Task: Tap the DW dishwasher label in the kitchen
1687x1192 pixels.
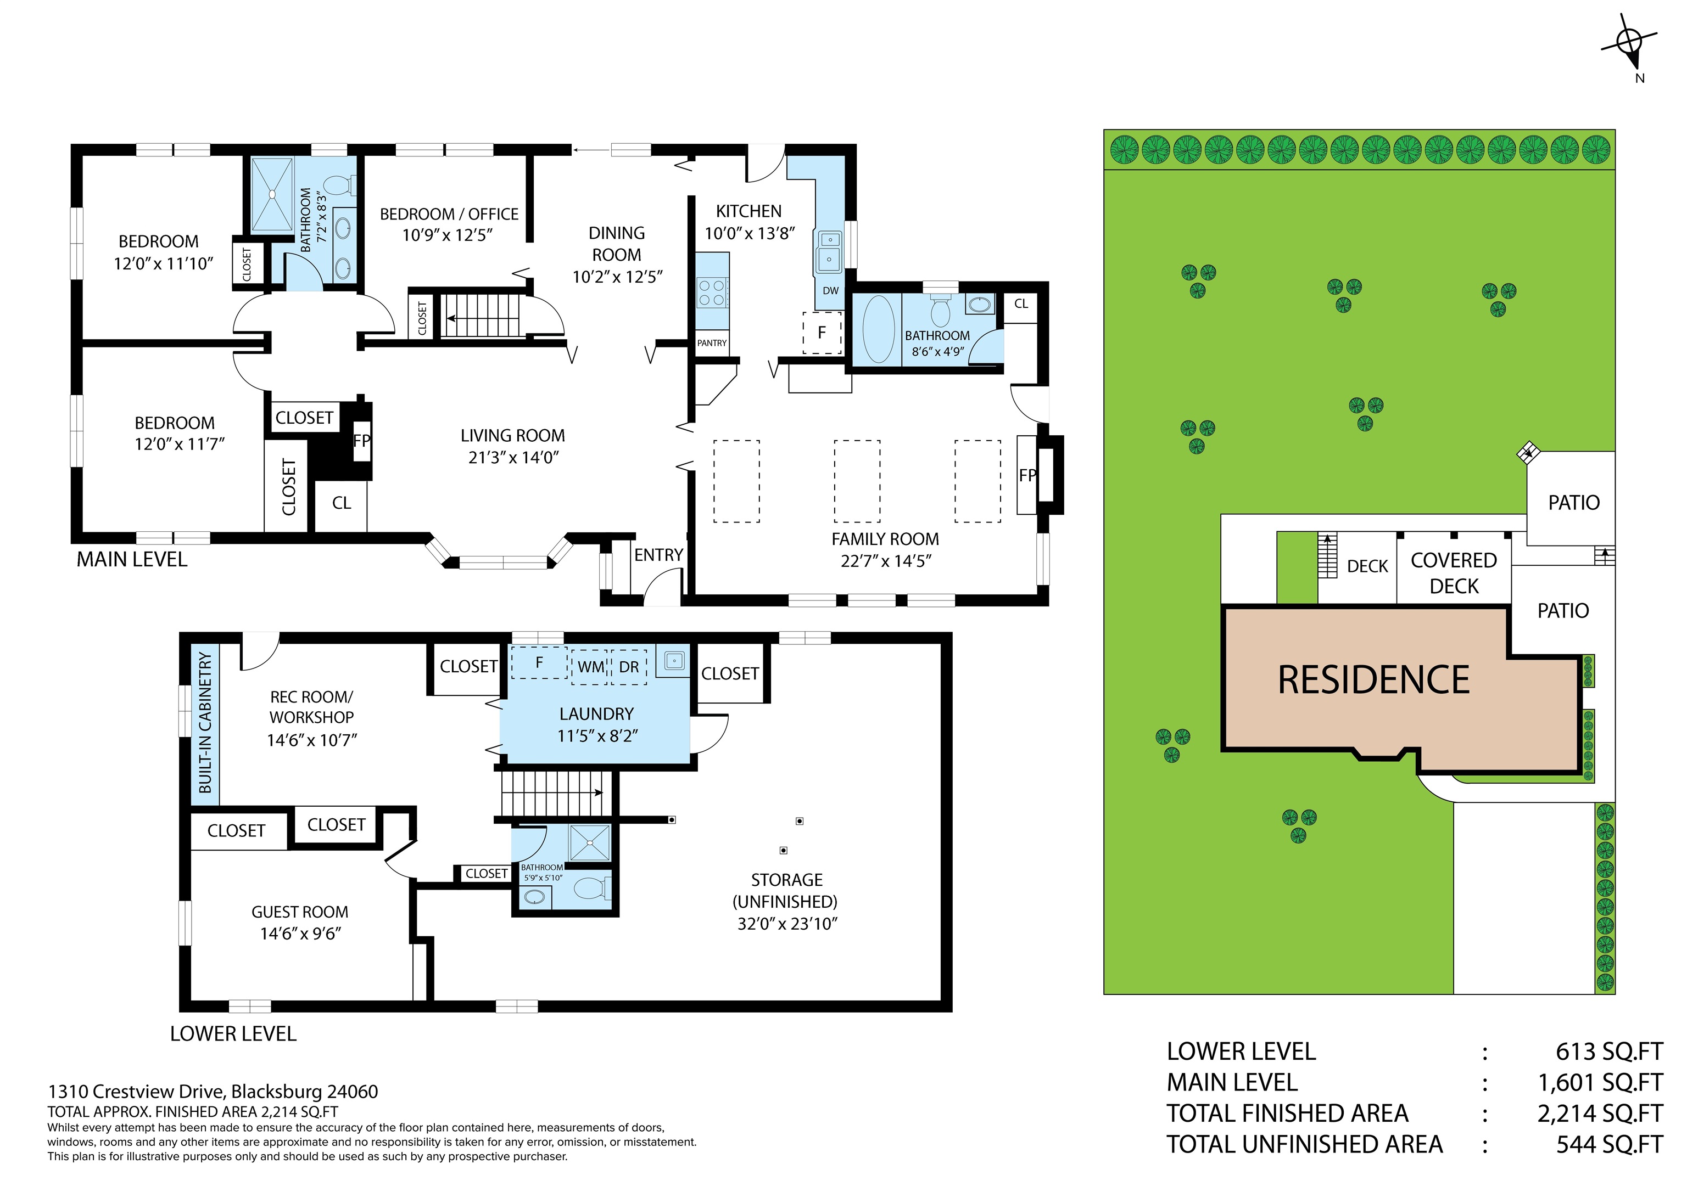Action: [830, 291]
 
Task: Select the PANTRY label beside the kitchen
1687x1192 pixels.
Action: [711, 343]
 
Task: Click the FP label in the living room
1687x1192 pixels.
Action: [361, 441]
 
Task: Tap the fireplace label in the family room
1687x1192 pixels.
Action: [1026, 475]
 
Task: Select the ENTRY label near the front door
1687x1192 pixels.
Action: [658, 555]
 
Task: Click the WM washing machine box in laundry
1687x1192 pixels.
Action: [590, 667]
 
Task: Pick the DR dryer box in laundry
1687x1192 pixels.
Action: [629, 667]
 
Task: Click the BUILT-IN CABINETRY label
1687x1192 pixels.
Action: [205, 723]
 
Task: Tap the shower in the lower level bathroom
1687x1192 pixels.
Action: [589, 842]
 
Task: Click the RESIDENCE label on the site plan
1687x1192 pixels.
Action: [1373, 679]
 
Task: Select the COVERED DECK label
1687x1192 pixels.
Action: [1454, 573]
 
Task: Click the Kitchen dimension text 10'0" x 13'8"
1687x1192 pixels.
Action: [750, 234]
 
